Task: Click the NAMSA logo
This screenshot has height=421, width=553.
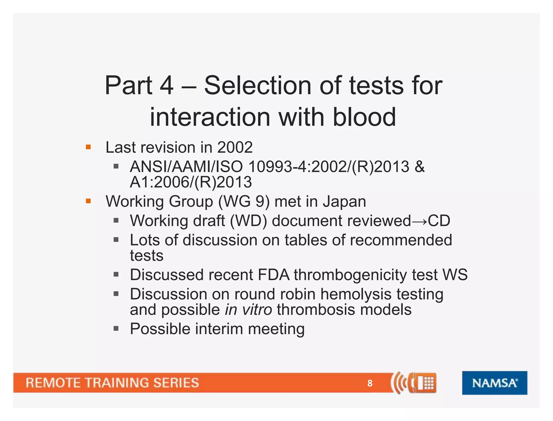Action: pos(494,383)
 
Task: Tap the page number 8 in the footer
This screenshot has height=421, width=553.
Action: pos(370,383)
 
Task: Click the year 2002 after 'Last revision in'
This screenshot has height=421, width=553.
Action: pos(235,147)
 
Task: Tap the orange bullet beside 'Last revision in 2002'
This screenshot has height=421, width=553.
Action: pos(88,147)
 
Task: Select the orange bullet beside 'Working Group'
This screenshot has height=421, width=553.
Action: pos(88,201)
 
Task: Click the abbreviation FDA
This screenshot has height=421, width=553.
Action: pos(274,275)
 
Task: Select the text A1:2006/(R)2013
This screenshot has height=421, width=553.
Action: pos(191,182)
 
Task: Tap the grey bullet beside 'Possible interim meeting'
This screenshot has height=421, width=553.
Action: pos(116,329)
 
